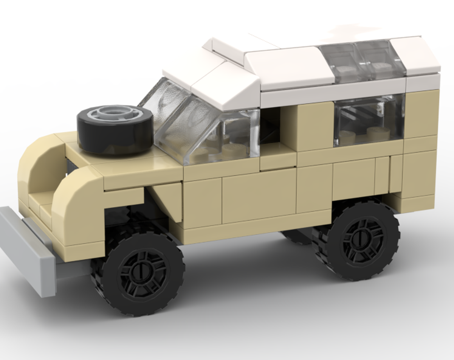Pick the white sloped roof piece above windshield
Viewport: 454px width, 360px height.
(225, 86)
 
